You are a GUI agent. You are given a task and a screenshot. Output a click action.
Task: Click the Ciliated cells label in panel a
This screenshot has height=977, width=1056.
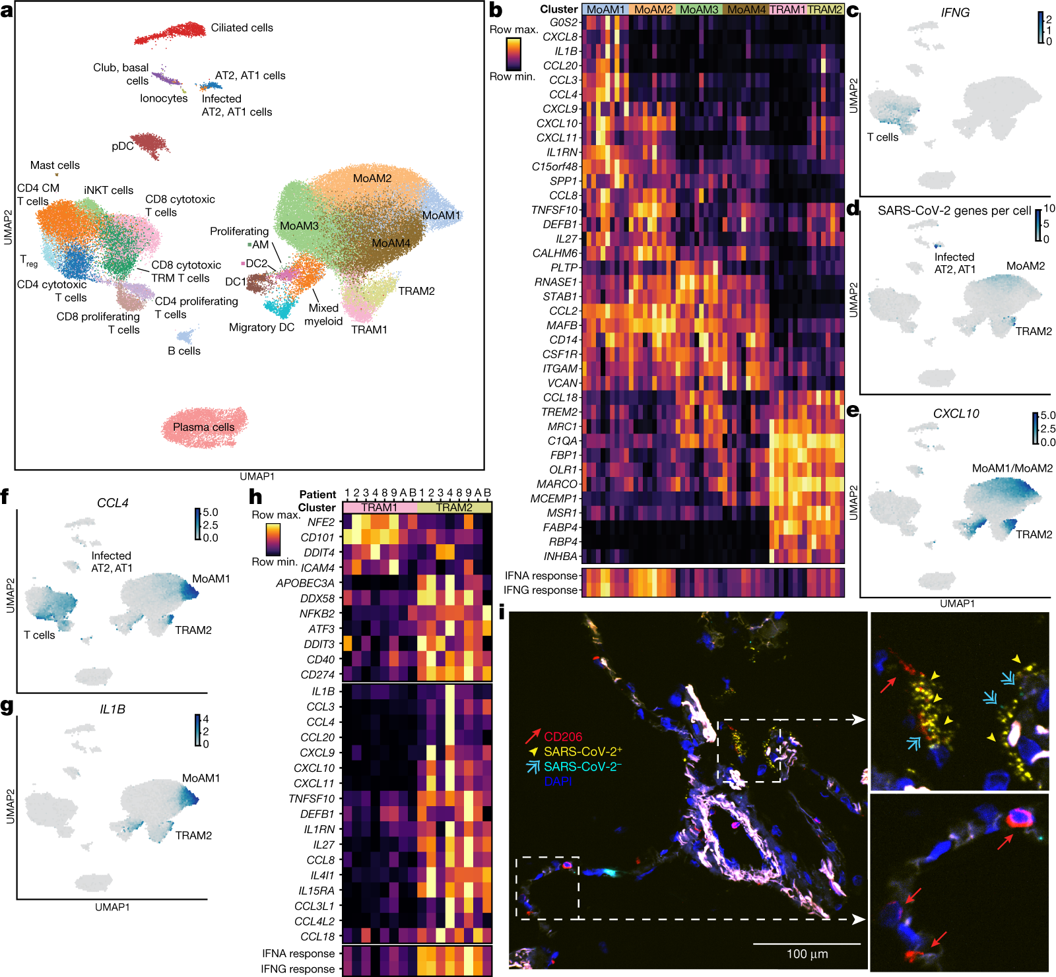[x=242, y=28]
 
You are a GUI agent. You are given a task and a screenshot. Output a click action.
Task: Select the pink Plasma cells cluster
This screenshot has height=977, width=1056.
[x=204, y=427]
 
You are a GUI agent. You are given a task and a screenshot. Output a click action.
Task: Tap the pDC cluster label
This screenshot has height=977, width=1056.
[x=123, y=146]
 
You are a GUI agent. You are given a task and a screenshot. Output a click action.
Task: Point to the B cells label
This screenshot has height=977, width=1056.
[x=183, y=351]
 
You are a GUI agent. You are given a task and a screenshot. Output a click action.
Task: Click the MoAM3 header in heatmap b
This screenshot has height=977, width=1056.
[x=699, y=9]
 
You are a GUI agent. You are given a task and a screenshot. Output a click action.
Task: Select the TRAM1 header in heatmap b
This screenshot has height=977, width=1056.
[x=787, y=9]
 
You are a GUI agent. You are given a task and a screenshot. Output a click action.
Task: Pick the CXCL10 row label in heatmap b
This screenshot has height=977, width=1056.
[x=557, y=123]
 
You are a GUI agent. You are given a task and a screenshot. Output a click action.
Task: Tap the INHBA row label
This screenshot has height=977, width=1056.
[x=560, y=556]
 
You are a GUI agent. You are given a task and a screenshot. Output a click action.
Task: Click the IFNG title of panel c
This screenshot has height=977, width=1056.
[x=954, y=13]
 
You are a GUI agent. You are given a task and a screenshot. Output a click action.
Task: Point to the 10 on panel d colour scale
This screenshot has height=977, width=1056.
[x=1049, y=208]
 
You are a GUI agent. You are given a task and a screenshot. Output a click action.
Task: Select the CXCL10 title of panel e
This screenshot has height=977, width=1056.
[x=956, y=414]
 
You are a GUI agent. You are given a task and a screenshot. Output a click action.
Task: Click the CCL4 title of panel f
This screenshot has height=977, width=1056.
[x=112, y=503]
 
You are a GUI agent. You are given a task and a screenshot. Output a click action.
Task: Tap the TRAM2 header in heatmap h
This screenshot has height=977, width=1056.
[x=454, y=507]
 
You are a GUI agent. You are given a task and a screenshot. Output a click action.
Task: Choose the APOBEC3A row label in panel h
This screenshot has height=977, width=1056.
[x=305, y=583]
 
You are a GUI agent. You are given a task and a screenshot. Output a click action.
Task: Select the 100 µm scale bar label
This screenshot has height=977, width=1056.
[x=807, y=954]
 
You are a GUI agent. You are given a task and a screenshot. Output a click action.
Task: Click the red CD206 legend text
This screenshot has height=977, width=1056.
[x=563, y=736]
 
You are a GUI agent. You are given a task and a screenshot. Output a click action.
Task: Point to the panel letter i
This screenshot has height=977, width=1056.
[x=502, y=614]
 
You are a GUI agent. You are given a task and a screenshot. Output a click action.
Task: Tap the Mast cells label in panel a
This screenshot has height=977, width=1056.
[x=55, y=166]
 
